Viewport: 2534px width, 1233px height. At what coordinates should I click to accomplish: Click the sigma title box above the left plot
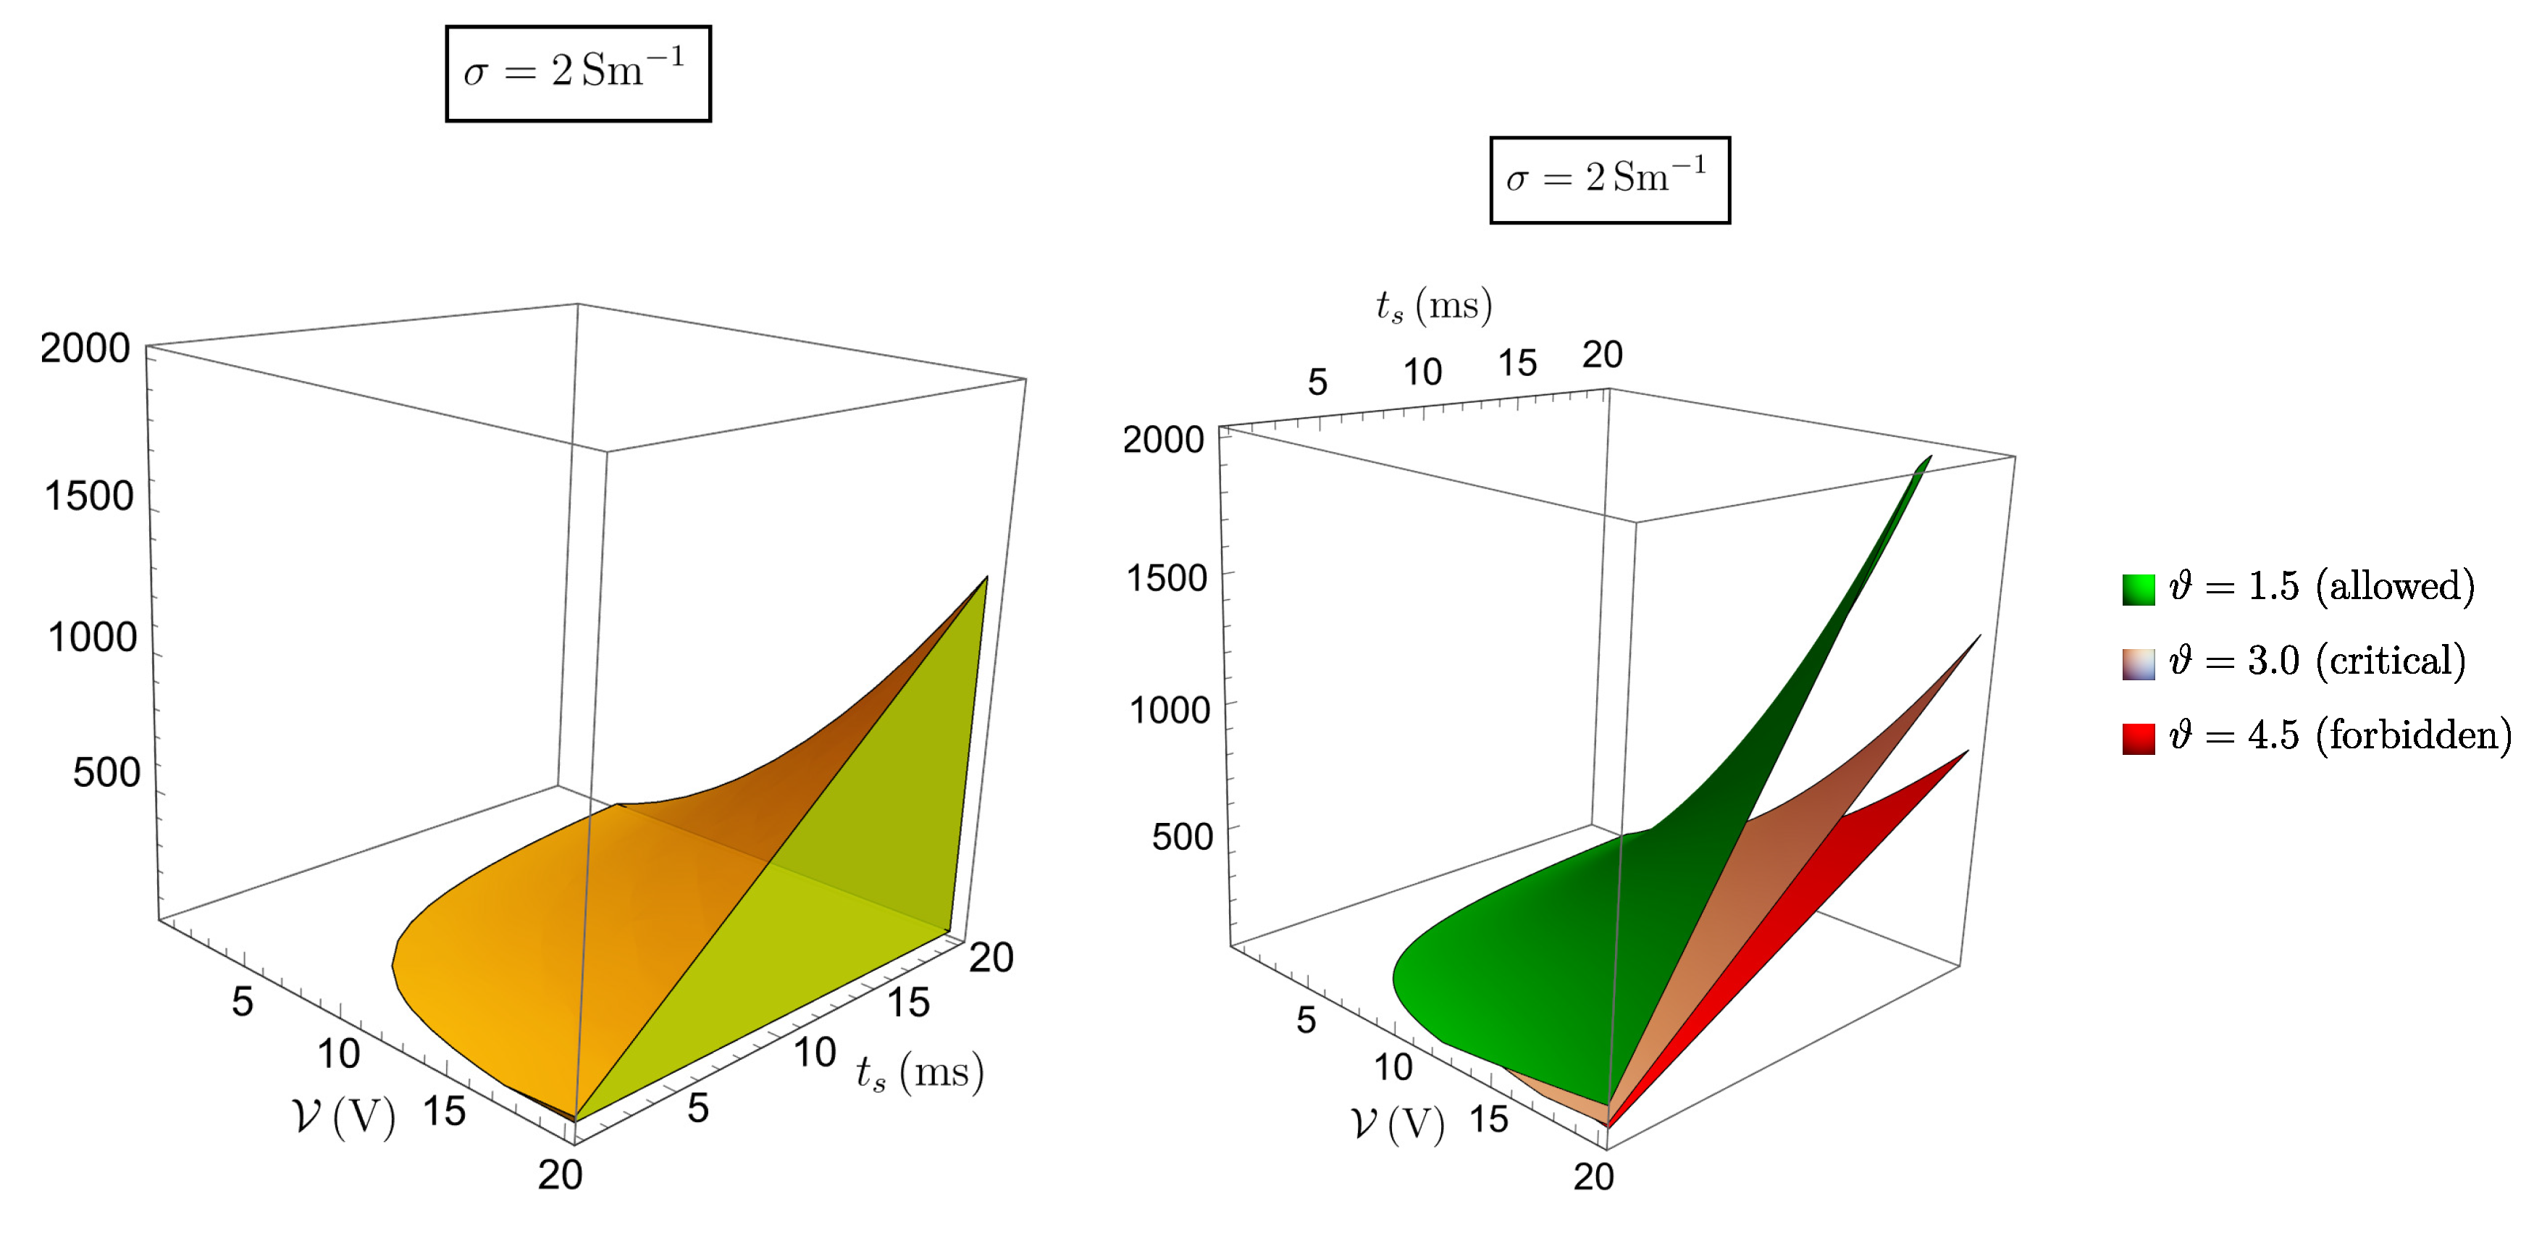pos(579,74)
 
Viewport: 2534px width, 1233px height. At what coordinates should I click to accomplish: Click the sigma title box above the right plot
pos(1609,180)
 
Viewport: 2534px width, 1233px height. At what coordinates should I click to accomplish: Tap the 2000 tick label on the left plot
pos(85,348)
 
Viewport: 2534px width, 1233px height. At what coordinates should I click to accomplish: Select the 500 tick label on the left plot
pos(106,772)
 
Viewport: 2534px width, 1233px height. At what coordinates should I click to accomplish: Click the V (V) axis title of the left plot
pos(344,1117)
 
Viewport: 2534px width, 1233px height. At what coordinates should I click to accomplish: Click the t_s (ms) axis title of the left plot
pos(920,1073)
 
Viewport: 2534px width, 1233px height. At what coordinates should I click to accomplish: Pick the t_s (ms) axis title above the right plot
pos(1433,306)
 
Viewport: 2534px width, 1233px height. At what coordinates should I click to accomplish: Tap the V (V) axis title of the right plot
pos(1398,1124)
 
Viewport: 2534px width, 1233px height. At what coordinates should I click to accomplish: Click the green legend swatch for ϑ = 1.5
pos(2139,590)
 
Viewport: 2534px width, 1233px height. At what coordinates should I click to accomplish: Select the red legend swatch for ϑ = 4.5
pos(2139,738)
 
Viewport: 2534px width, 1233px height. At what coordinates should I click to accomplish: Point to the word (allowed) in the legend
pos(2394,588)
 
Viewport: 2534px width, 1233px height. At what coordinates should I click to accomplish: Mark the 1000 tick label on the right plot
pos(1169,709)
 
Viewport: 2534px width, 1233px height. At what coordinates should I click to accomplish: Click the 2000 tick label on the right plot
pos(1163,440)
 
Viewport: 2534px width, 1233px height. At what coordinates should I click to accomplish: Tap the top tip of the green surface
pos(1929,459)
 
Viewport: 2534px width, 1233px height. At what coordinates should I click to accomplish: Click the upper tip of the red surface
pos(1966,752)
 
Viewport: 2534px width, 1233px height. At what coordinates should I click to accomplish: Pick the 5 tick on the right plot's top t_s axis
pos(1317,382)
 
